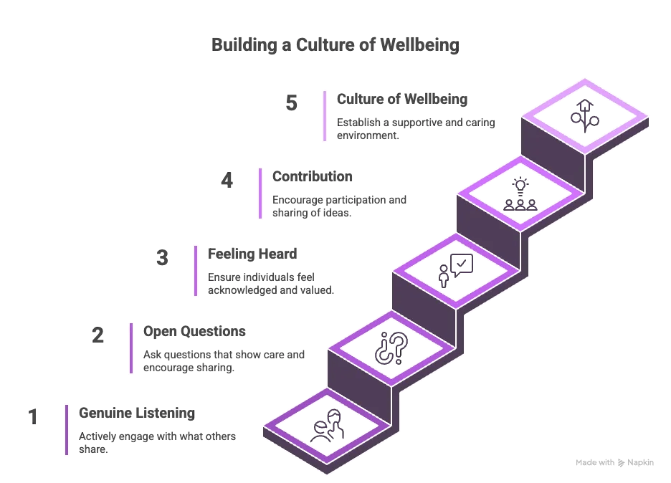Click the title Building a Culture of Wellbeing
coord(335,45)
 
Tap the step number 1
coord(32,416)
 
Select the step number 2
coord(97,335)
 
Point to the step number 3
coord(162,257)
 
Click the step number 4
coord(227,180)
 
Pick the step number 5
coord(291,102)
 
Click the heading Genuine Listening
coord(136,413)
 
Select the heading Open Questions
coord(194,331)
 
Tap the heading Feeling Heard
coord(252,254)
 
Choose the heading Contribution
coord(312,176)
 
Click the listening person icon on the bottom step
coord(328,427)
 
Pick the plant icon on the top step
coord(584,115)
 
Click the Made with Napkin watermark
coord(614,463)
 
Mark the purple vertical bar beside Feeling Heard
coord(196,270)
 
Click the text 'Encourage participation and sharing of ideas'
coord(338,206)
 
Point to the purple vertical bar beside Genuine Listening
coord(67,429)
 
